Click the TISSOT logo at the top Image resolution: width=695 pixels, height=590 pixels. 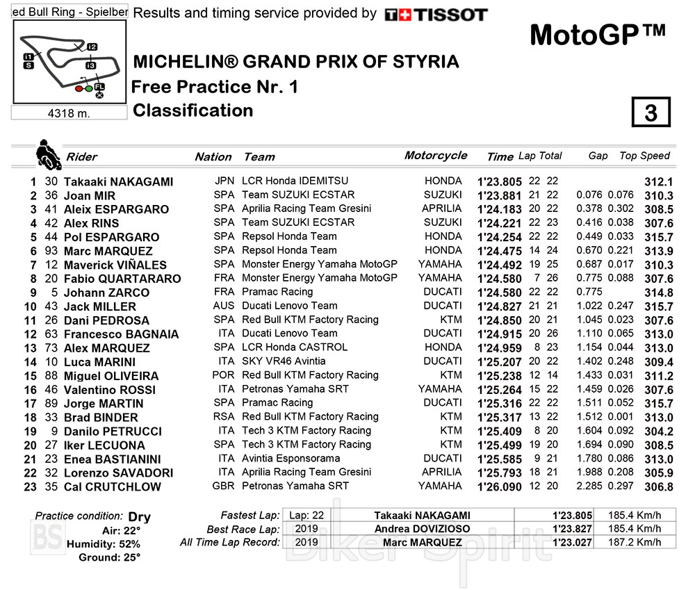coord(436,15)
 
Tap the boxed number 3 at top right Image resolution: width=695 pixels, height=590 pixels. coord(651,113)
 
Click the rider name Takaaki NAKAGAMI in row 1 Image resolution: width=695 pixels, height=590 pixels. coord(118,181)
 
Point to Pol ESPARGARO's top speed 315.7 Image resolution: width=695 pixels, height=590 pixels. coord(658,237)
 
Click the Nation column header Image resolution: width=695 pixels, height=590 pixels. coord(213,157)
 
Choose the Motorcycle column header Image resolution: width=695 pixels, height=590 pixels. coord(436,156)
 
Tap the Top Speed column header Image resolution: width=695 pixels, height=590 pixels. coord(644,156)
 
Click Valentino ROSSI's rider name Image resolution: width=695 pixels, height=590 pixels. coord(109,390)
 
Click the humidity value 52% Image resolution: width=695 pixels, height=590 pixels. coord(129,543)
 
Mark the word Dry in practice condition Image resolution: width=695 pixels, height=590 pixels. coord(139,516)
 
